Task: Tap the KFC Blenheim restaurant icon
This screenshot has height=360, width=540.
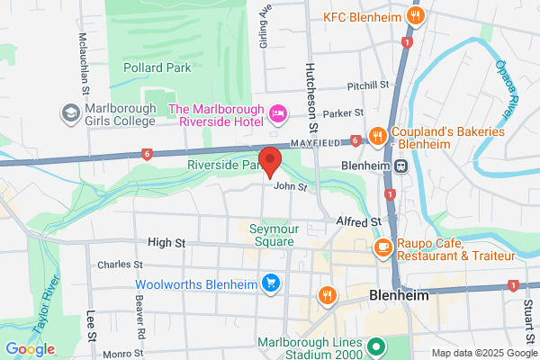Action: coord(416,17)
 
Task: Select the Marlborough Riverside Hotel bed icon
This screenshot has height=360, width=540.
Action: coord(279,112)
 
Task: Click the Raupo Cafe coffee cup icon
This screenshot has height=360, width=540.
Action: coord(382,245)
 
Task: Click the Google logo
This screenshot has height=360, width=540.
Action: coord(31,349)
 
